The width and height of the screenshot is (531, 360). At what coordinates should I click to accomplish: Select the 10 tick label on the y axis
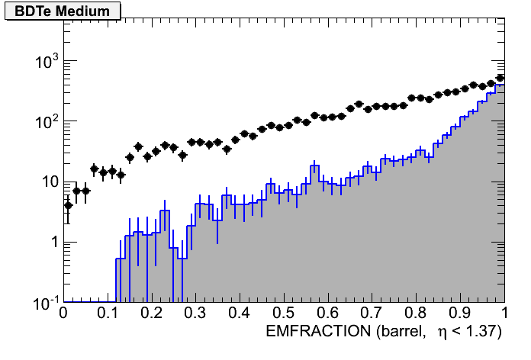coord(47,182)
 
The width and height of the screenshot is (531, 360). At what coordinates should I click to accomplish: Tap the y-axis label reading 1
coord(53,243)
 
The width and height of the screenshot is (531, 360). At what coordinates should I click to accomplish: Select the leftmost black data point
coord(68,205)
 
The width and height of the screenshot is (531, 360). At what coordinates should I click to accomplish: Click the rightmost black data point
coord(500,78)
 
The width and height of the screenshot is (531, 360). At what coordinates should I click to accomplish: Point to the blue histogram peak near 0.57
coord(315,166)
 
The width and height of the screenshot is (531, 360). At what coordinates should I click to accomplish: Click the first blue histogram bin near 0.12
coord(120,259)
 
